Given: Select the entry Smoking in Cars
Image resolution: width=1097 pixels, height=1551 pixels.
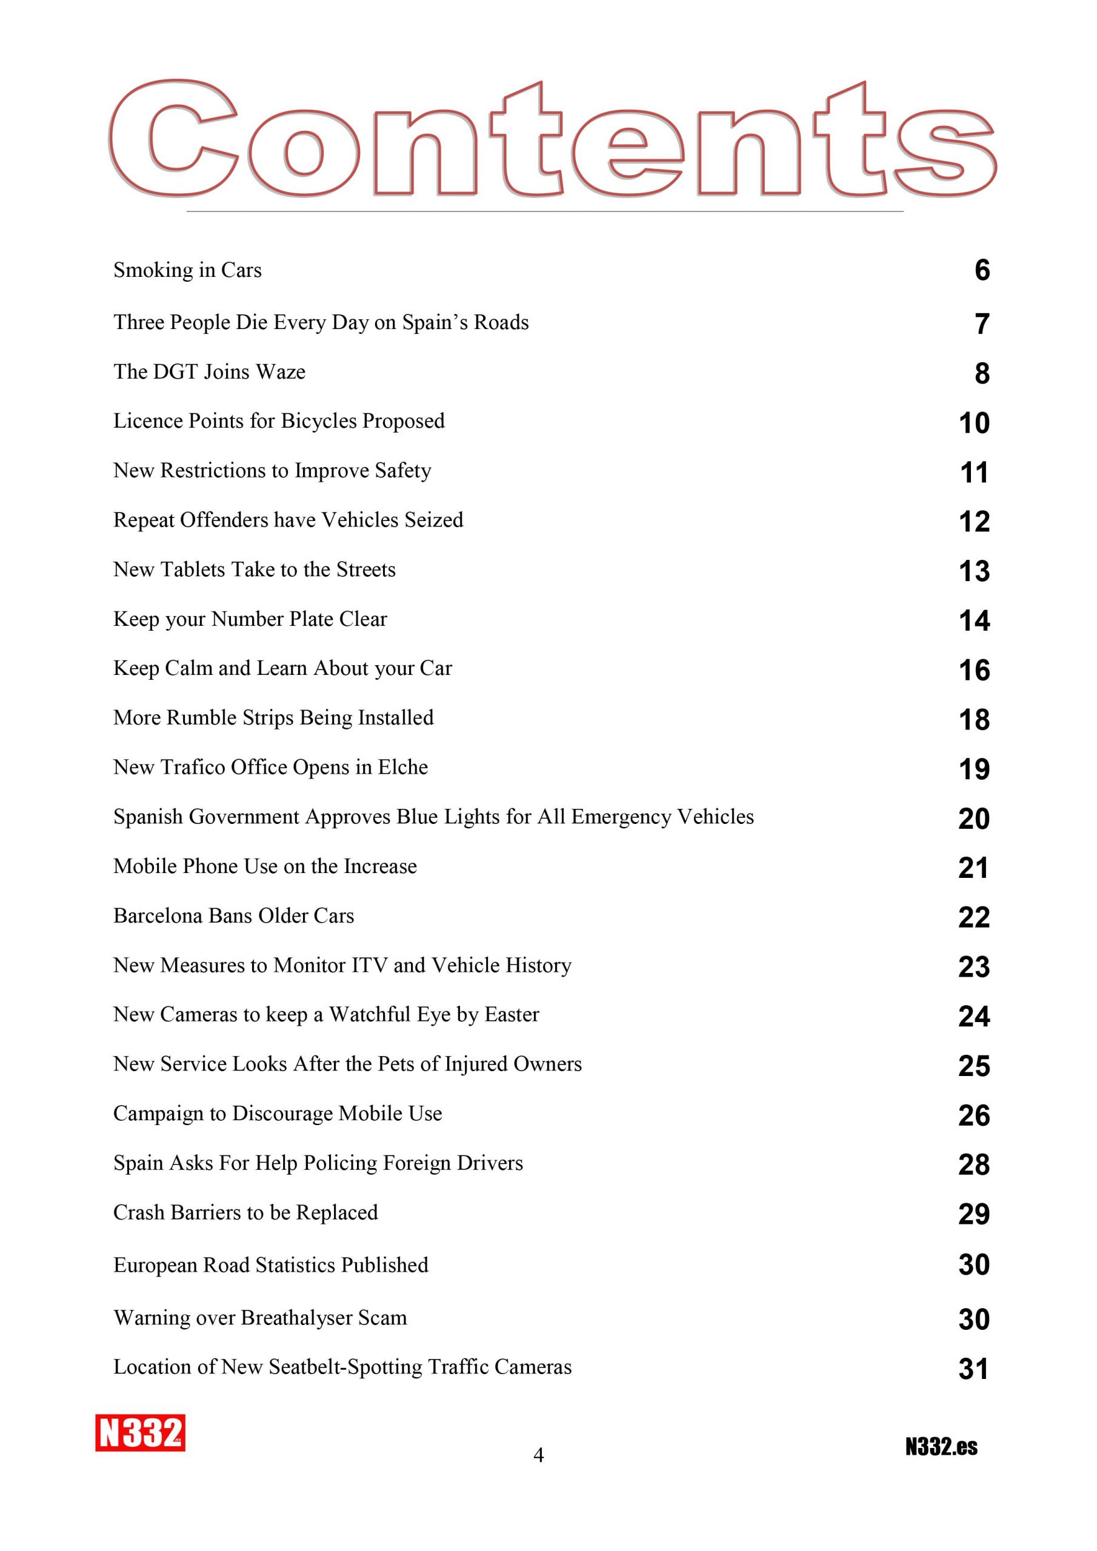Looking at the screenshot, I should point(187,270).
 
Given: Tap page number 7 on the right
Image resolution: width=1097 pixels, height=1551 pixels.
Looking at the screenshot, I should point(982,324).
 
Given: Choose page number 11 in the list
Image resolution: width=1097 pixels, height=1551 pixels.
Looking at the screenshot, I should point(974,472).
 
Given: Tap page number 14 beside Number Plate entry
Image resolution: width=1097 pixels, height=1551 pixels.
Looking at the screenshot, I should point(974,620).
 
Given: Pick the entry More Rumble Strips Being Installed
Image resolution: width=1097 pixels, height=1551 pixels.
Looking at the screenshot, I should point(273,717).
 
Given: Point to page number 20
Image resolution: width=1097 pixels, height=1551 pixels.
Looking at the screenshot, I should point(974,818).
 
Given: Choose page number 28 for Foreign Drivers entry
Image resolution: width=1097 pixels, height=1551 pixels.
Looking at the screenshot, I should point(974,1164).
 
